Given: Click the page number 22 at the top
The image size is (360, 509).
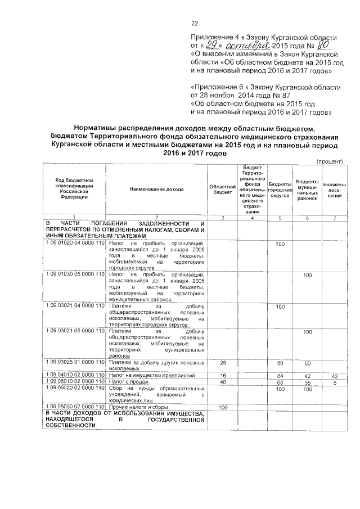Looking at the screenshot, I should [x=195, y=23].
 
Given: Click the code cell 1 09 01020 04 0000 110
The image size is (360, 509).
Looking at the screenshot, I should [x=75, y=244].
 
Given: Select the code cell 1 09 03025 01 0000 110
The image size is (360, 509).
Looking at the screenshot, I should [x=75, y=363].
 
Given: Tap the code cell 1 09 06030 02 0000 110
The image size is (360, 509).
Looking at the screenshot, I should [x=75, y=406].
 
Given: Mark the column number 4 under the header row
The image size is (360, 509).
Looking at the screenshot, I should [x=252, y=218].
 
